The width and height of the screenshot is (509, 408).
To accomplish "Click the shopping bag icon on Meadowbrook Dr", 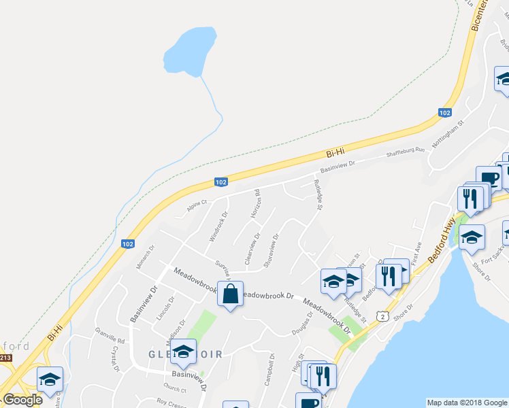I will pos(230,294).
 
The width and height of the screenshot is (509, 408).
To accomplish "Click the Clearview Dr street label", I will pos(252,250).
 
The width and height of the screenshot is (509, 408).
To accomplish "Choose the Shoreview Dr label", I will pos(271,251).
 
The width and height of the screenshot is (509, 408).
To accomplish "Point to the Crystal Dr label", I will pos(114,360).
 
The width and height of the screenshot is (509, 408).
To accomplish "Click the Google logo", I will pos(23,400).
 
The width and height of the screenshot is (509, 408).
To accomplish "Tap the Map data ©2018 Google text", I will pos(467,403).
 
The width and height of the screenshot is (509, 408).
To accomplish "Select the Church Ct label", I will pos(174,390).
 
